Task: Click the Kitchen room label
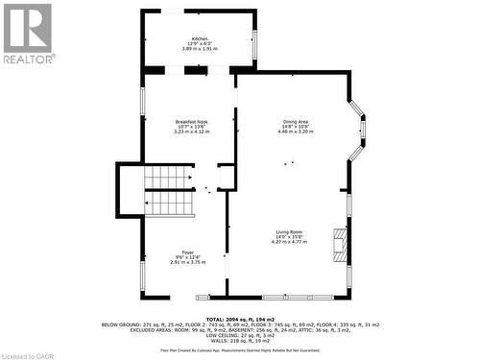(199, 39)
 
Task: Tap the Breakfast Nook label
(192, 121)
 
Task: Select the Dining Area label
(296, 121)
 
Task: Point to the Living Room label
(290, 232)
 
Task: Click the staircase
(167, 192)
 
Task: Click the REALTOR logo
(27, 33)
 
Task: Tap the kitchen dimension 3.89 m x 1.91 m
(199, 49)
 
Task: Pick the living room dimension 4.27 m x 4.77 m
(290, 243)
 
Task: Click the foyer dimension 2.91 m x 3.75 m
(188, 262)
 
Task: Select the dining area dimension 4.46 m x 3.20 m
(296, 132)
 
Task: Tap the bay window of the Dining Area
(357, 130)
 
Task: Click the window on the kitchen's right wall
(256, 39)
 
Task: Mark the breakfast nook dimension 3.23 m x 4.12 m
(192, 132)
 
